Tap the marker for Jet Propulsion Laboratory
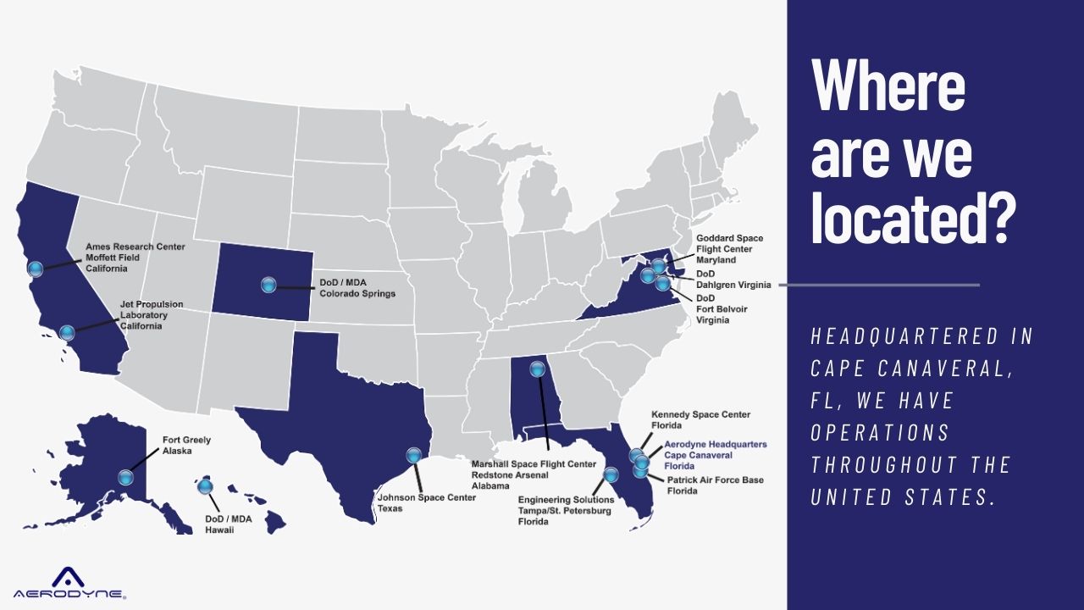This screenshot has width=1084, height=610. click(67, 332)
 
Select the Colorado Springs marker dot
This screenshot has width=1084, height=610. click(268, 285)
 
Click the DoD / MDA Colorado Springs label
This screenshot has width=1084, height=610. click(357, 288)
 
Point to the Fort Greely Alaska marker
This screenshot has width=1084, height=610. click(126, 477)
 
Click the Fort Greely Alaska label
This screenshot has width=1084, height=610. click(186, 446)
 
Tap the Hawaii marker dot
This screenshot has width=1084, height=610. click(205, 486)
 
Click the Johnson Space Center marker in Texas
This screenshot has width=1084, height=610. click(413, 455)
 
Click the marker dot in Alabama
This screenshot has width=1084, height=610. click(537, 369)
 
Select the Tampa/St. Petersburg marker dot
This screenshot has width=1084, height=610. click(611, 474)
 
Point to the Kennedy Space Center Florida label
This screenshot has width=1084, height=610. click(700, 420)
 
